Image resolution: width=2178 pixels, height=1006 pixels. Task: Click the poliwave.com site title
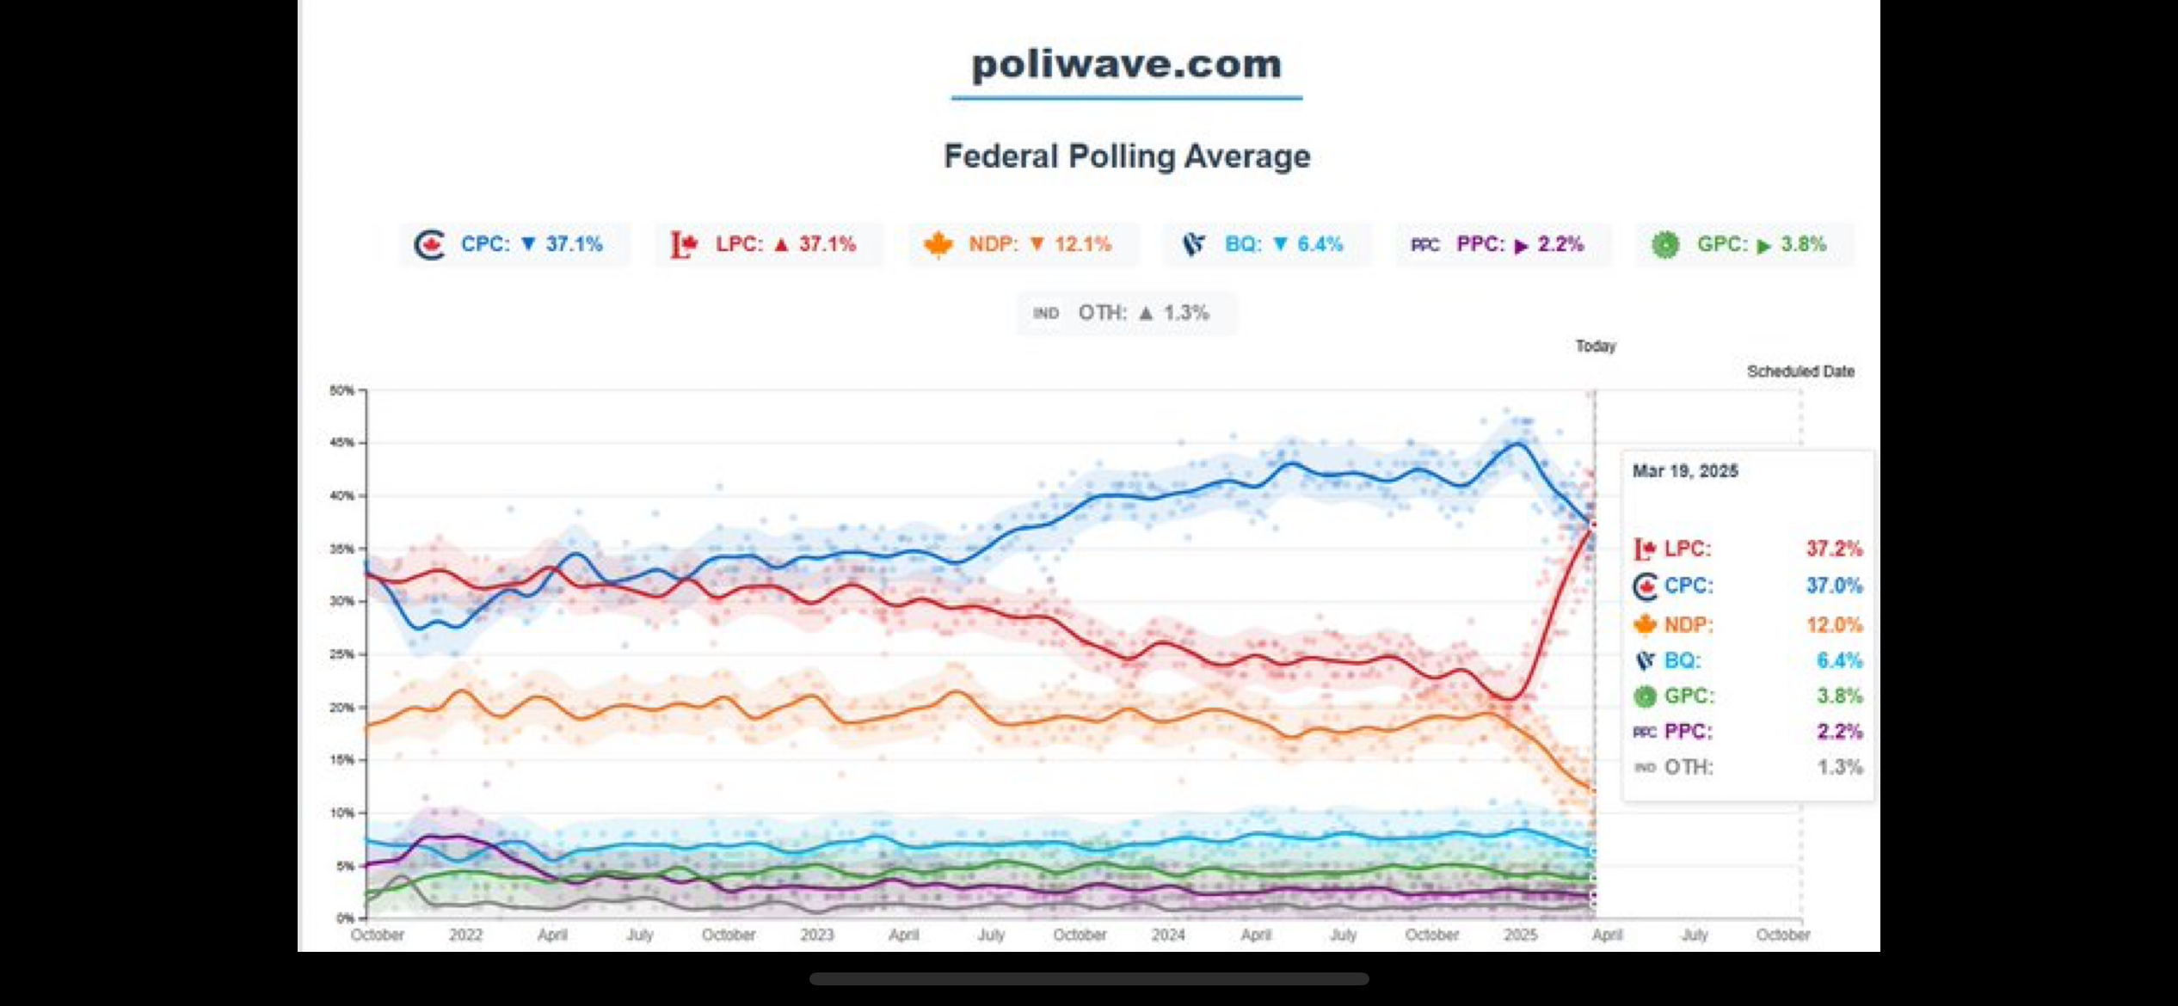1126,64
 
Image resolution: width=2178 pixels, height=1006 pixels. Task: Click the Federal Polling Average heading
1127,156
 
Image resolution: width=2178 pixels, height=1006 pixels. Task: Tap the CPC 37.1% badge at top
514,244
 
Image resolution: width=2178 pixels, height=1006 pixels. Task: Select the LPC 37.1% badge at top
768,244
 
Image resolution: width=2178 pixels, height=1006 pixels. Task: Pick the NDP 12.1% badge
1023,244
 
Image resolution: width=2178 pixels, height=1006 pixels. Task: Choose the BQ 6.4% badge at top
1267,244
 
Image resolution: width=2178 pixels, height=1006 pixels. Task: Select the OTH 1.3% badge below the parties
1125,313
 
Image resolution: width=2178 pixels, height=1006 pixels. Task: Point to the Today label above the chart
1596,346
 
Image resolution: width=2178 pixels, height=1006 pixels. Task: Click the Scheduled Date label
1800,371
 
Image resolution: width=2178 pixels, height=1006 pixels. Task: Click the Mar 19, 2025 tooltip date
1685,471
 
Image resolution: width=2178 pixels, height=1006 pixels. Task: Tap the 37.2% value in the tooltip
1834,549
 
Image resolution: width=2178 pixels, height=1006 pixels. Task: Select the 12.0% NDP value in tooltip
1834,625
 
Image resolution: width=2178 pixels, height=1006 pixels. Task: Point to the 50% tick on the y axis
341,390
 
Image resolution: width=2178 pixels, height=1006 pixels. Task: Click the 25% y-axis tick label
341,654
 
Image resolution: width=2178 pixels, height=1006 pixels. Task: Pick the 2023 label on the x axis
816,935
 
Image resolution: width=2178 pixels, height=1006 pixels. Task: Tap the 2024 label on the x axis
1167,935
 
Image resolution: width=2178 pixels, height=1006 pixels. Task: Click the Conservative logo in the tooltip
1645,586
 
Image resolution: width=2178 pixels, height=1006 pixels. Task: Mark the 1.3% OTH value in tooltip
1839,767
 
